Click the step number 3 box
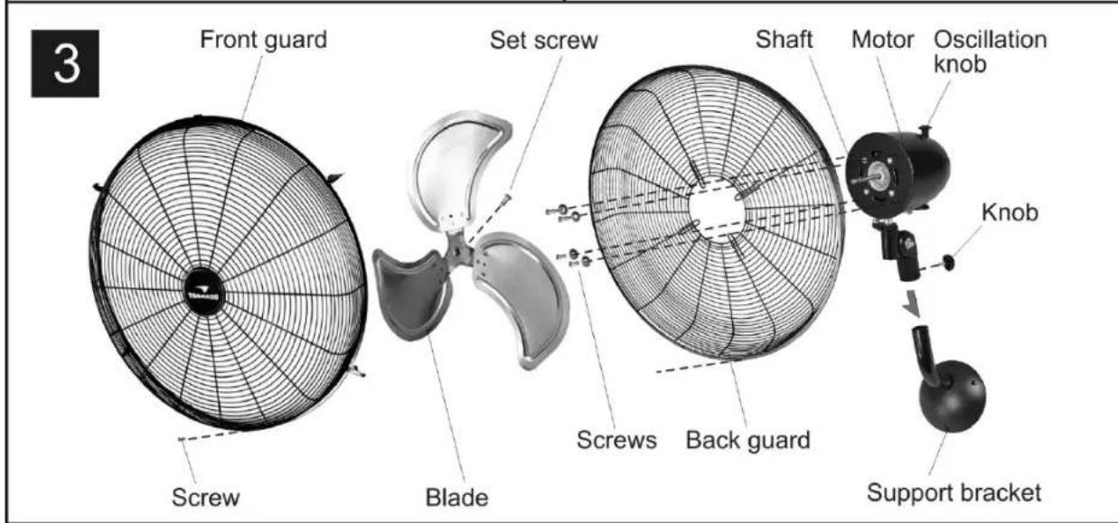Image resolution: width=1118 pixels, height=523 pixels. (x=65, y=63)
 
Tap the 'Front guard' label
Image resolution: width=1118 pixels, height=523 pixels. (x=264, y=40)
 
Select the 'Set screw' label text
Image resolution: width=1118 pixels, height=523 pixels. (x=543, y=40)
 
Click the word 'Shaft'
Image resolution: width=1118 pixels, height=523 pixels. (x=784, y=40)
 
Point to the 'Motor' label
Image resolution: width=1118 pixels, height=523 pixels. (x=882, y=40)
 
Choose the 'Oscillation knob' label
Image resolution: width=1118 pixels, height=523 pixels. (x=991, y=51)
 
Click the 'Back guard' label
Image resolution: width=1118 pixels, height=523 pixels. (x=747, y=441)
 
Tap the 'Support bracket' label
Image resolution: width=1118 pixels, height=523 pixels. (x=954, y=492)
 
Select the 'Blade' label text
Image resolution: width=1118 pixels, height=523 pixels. (x=456, y=498)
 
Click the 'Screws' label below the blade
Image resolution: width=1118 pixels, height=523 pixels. (x=616, y=440)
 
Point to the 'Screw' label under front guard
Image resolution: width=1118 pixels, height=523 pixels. (x=206, y=498)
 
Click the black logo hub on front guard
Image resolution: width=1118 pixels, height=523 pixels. (x=203, y=292)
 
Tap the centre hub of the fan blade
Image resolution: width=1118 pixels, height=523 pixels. (x=459, y=248)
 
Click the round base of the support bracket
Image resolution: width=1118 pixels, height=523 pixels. (x=953, y=396)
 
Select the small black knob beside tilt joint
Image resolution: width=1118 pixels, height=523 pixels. (x=948, y=262)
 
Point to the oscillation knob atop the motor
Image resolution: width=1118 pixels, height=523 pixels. (x=925, y=131)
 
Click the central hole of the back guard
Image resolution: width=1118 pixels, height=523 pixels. (x=717, y=210)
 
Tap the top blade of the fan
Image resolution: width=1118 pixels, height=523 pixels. (x=457, y=170)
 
